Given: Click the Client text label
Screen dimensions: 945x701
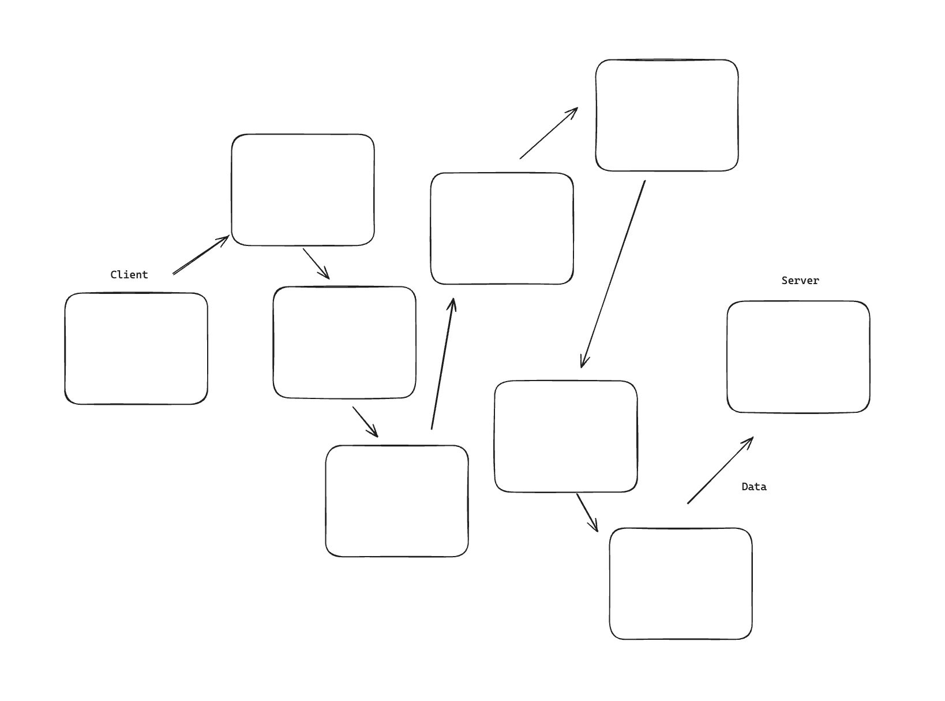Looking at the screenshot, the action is point(129,275).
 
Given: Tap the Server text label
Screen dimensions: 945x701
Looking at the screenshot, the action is point(800,281).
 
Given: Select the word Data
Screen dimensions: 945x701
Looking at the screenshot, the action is point(753,487).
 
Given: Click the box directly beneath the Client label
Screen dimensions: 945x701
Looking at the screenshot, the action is point(136,348).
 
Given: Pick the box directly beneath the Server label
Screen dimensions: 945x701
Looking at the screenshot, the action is point(798,356).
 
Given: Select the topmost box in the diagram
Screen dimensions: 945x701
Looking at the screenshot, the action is point(666,115).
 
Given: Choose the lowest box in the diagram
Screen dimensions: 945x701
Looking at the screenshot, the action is point(680,583).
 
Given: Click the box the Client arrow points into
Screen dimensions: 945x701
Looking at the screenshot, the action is point(303,190).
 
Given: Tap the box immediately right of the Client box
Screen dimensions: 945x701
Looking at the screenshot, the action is point(344,342).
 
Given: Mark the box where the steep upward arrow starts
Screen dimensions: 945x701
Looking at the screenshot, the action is point(397,501).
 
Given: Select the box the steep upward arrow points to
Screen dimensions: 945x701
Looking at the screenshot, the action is point(502,228).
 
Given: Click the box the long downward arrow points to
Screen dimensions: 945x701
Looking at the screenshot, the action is point(565,436).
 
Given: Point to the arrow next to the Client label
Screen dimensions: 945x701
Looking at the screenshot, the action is point(201,255).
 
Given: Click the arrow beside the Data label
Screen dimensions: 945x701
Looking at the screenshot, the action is point(720,471).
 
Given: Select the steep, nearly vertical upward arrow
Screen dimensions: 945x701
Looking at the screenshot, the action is point(442,364).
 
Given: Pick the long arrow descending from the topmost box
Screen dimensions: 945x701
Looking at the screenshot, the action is point(613,274).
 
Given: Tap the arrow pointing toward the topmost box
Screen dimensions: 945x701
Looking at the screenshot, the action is point(549,133).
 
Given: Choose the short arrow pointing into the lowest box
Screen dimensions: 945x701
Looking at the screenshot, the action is point(587,512).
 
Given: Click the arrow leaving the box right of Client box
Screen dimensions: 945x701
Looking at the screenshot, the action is point(365,422).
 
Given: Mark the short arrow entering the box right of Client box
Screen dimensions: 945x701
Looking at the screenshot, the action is point(316,263).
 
